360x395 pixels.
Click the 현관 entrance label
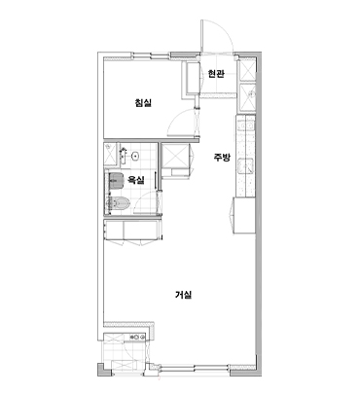click(216, 74)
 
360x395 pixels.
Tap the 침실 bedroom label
click(143, 103)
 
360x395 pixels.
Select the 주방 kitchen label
click(222, 158)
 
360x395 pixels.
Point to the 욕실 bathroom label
click(135, 180)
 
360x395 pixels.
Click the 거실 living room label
click(184, 295)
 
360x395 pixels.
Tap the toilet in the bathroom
click(118, 203)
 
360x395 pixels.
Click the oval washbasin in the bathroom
click(135, 157)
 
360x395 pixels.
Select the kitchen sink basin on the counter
click(246, 165)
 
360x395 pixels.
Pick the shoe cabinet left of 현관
click(194, 78)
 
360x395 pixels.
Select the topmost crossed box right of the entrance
click(246, 71)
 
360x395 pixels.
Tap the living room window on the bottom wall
click(195, 368)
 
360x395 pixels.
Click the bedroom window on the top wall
click(152, 55)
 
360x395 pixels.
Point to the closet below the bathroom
click(132, 231)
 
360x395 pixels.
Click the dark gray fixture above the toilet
click(116, 180)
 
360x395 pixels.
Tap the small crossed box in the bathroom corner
click(111, 152)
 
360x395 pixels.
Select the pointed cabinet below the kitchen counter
click(243, 215)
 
